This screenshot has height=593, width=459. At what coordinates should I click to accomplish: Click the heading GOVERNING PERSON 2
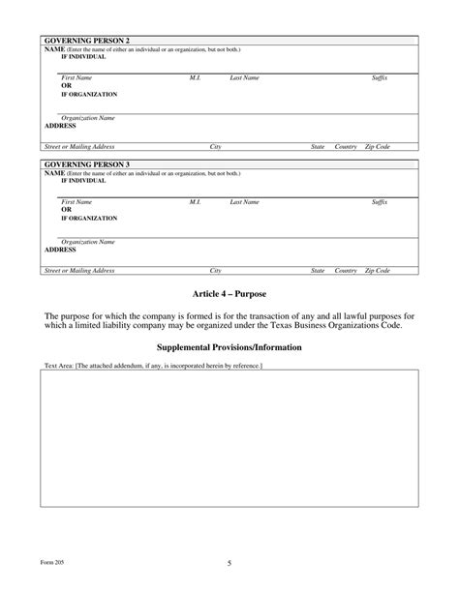(x=87, y=41)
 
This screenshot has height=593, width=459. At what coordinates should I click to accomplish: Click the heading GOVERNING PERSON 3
(x=87, y=164)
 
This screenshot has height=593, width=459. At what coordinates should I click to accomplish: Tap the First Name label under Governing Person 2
(x=76, y=77)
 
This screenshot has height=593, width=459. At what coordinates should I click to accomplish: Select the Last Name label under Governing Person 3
(x=244, y=202)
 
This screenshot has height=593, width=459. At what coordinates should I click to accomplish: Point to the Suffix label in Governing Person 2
(x=380, y=77)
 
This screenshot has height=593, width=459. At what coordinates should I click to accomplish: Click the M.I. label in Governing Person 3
(x=195, y=202)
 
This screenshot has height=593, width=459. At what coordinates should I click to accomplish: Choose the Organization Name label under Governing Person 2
(x=88, y=118)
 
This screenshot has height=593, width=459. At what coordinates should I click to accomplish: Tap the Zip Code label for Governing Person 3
(x=377, y=271)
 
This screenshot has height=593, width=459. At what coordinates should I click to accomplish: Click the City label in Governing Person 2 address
(x=216, y=146)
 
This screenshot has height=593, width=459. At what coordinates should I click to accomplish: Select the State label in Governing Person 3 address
(x=318, y=271)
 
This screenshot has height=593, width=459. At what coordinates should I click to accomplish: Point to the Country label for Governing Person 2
(x=346, y=146)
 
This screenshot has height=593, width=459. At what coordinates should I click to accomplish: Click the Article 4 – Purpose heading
(x=229, y=293)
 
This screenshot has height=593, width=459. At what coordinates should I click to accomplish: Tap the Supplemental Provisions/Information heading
(x=229, y=347)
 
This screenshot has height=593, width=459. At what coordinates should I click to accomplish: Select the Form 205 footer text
(x=52, y=562)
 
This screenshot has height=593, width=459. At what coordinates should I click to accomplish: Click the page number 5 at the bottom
(x=229, y=562)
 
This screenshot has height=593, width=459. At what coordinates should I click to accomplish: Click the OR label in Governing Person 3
(x=67, y=209)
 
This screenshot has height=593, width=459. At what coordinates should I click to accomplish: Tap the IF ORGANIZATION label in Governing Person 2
(x=89, y=95)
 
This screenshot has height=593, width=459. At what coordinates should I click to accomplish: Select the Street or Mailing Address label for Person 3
(x=79, y=271)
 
